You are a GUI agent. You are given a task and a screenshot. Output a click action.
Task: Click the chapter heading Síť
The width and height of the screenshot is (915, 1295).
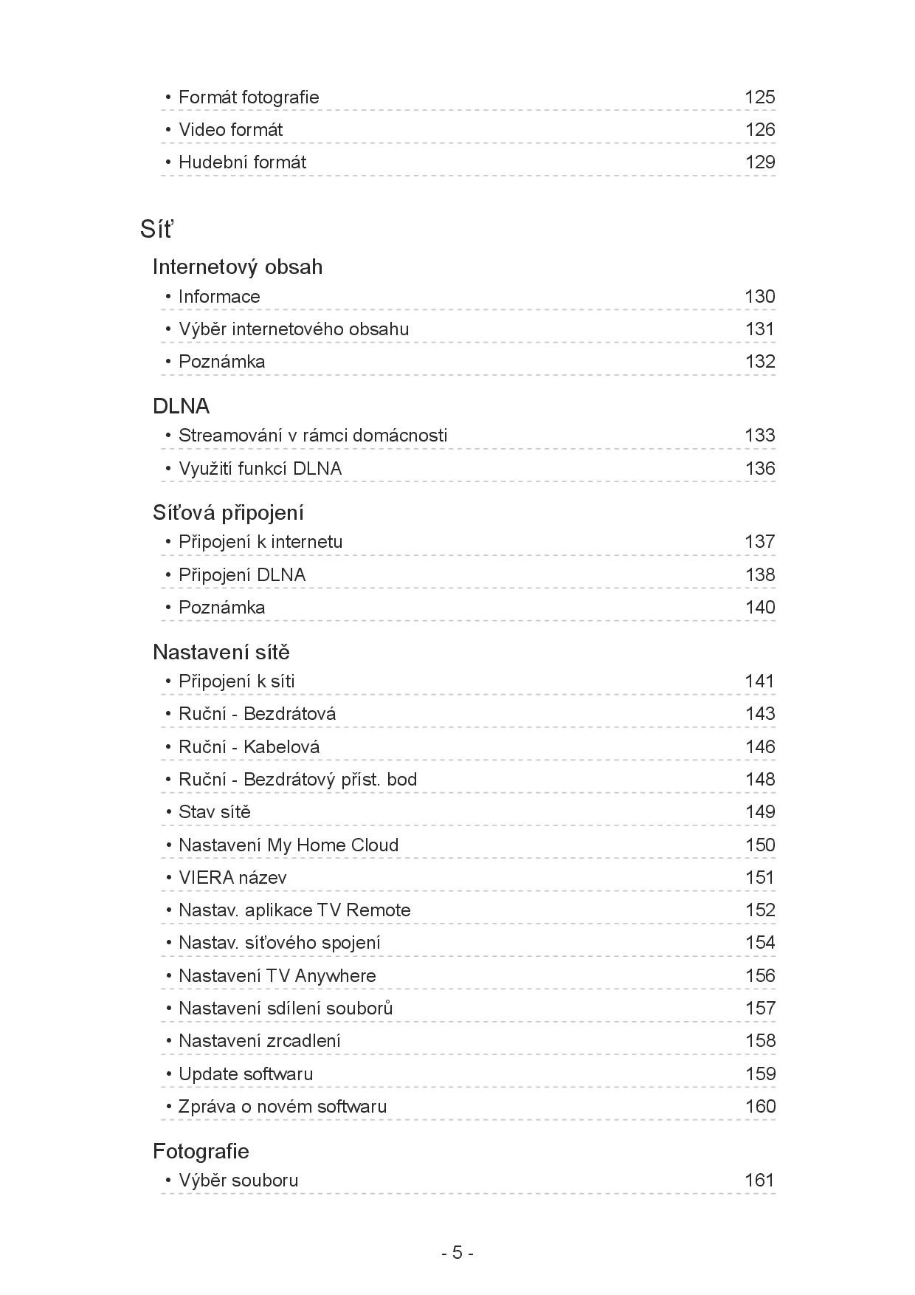156,230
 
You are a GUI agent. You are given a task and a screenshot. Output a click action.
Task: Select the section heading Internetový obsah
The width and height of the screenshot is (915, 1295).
237,267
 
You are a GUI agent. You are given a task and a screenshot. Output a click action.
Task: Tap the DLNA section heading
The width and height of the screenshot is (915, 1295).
181,406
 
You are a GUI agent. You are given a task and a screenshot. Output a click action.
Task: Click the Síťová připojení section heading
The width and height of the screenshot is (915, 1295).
228,512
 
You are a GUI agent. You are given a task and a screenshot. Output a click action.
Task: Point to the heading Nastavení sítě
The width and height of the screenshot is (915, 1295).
221,652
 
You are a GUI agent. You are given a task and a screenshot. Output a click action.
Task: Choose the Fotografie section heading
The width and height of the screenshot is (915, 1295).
201,1151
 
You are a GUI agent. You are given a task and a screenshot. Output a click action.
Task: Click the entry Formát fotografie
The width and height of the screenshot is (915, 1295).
249,97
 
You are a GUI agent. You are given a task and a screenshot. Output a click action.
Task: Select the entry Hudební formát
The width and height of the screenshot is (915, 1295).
242,162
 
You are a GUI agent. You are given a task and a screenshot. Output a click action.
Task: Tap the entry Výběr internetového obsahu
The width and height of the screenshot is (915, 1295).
293,329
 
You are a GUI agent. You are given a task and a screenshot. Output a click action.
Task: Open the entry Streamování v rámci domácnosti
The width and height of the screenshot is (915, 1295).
312,436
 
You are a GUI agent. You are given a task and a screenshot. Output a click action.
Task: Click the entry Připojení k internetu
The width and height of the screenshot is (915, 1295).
260,542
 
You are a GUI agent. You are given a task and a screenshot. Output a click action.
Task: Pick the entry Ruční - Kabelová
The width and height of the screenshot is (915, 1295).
249,747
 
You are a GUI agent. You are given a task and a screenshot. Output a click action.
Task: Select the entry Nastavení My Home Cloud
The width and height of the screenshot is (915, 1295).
288,845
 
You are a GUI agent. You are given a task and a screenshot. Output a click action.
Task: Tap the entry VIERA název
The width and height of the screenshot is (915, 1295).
232,878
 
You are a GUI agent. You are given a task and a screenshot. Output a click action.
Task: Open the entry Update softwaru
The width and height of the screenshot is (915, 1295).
245,1074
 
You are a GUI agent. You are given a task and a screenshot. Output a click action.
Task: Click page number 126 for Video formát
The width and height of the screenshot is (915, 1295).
759,130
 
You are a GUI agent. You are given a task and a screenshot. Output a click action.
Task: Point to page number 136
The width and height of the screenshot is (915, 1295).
759,469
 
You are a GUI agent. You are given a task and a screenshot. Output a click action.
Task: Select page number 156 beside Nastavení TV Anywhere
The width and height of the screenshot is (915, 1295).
759,976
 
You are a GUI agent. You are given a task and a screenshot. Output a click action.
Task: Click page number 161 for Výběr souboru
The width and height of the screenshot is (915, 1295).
759,1181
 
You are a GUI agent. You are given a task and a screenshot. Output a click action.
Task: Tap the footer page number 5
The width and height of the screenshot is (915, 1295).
457,1253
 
